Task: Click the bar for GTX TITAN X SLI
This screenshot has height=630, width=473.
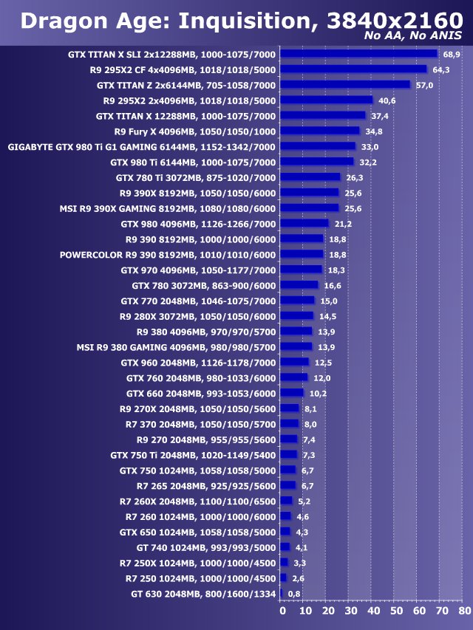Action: pyautogui.click(x=359, y=54)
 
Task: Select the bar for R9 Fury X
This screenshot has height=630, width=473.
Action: pyautogui.click(x=320, y=131)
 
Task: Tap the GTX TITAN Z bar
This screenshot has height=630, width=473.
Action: pyautogui.click(x=345, y=85)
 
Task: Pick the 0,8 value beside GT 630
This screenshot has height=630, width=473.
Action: pyautogui.click(x=294, y=594)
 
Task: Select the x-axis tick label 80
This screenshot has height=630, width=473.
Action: pyautogui.click(x=464, y=611)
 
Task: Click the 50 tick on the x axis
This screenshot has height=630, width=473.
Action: pyautogui.click(x=396, y=611)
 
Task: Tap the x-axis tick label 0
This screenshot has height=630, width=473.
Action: pyautogui.click(x=282, y=611)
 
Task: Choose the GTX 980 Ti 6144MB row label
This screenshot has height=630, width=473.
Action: pyautogui.click(x=192, y=162)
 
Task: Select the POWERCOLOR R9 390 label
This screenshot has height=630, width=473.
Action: pyautogui.click(x=167, y=255)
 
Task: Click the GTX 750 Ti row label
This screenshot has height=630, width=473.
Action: pyautogui.click(x=192, y=455)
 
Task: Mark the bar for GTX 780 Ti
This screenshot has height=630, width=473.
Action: pyautogui.click(x=310, y=177)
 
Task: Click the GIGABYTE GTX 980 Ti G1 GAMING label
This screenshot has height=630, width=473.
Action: pyautogui.click(x=141, y=146)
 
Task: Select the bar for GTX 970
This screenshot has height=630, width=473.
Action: pyautogui.click(x=302, y=270)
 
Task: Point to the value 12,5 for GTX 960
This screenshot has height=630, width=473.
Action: pyautogui.click(x=323, y=363)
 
